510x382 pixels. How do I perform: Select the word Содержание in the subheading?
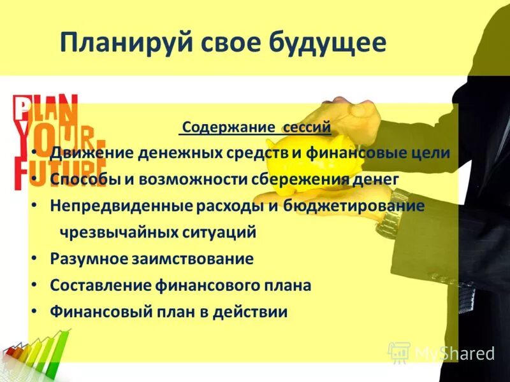point(228,127)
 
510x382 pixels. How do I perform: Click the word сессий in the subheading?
point(304,127)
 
